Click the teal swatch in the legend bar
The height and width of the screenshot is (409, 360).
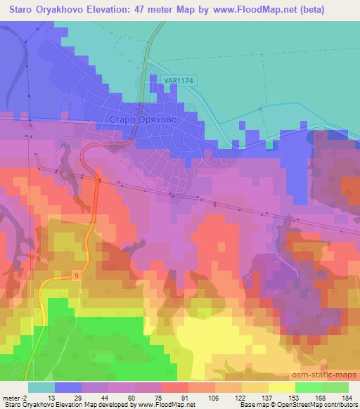[41, 387]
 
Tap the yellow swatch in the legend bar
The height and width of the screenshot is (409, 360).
[281, 387]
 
